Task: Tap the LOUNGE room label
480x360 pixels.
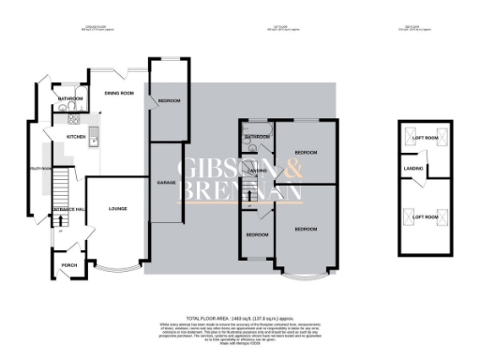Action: click(x=117, y=208)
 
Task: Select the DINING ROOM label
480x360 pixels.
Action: click(x=119, y=94)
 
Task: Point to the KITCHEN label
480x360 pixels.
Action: click(x=76, y=137)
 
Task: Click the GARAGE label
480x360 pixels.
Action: click(x=167, y=183)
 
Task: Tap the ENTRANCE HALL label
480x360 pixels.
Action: click(x=68, y=208)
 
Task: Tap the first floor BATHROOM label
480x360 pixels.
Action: click(x=257, y=137)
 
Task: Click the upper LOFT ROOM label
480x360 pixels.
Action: click(x=426, y=139)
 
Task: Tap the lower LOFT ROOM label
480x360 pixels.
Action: click(x=426, y=217)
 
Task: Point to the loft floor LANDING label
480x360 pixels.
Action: click(x=412, y=170)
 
